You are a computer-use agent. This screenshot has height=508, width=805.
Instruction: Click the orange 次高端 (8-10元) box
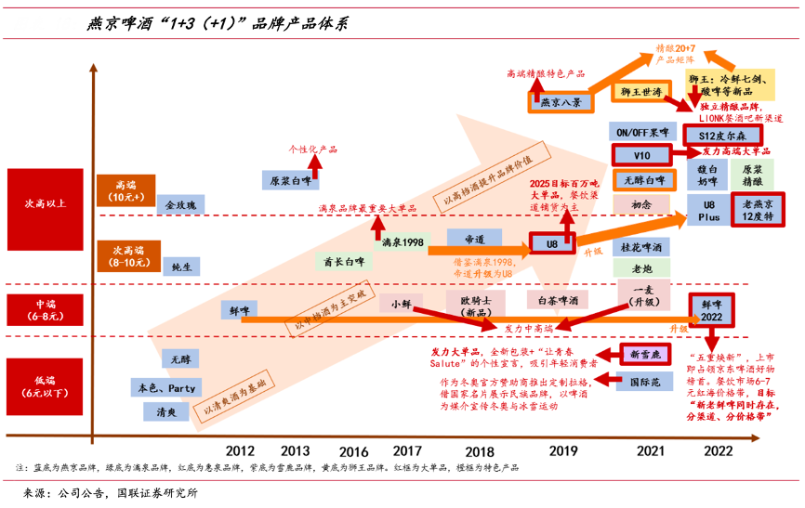pos(128,256)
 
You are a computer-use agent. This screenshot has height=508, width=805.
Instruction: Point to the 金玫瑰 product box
pos(181,204)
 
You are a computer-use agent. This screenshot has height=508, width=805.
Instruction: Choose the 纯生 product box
pos(181,267)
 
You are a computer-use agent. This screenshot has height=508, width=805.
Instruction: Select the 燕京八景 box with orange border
pos(561,102)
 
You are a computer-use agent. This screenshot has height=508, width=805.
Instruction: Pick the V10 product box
pos(641,155)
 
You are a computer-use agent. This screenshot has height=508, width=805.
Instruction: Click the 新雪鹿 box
pos(645,354)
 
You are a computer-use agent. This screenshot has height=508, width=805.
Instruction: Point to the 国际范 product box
pos(645,380)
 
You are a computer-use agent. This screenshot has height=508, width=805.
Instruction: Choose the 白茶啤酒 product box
pos(559,300)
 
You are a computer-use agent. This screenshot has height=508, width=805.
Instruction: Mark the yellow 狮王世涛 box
pos(641,92)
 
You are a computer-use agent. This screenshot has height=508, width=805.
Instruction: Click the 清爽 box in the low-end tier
pos(166,410)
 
